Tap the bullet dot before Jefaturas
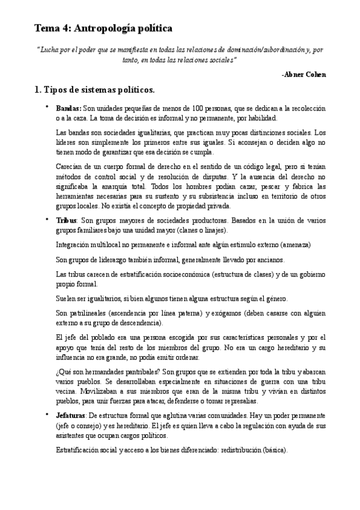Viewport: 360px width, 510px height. click(46, 416)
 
